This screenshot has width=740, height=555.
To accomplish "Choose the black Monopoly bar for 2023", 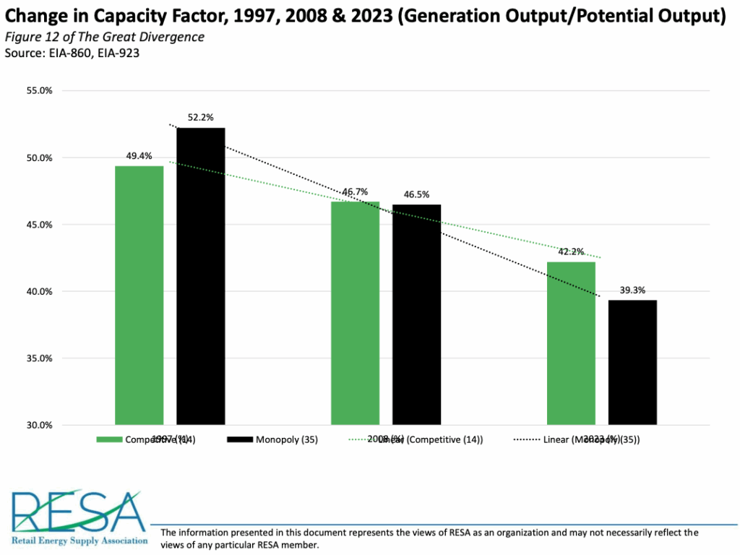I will [632, 362].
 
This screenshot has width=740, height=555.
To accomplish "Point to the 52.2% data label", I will [201, 118].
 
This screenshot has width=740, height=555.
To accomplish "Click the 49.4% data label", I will [139, 155].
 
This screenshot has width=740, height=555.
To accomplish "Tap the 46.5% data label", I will [416, 194].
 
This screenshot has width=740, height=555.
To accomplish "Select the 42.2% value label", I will [571, 251].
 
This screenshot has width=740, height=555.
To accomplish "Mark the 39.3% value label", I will [632, 290].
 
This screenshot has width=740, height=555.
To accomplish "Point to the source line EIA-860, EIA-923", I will [72, 53].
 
